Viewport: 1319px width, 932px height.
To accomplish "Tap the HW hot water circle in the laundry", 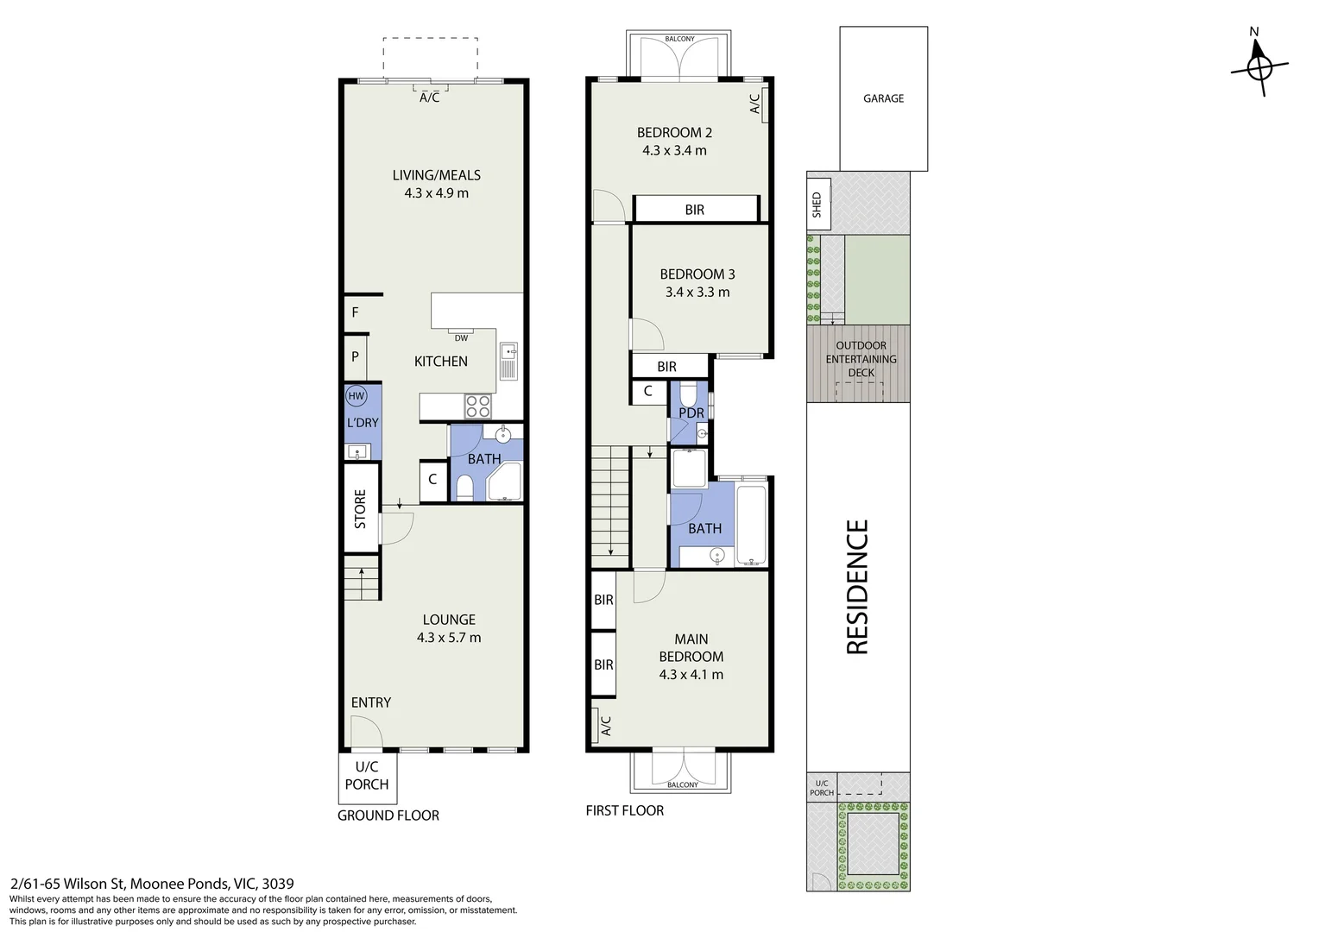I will click(x=355, y=396).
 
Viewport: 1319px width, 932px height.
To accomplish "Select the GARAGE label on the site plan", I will click(x=883, y=98).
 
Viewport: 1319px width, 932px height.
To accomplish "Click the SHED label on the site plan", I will click(x=817, y=204).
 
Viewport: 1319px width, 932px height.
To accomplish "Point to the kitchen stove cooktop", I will click(x=477, y=405).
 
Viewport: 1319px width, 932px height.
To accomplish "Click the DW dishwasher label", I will click(x=461, y=337).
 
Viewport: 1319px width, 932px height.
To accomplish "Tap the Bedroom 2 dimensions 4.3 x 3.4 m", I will click(x=674, y=150).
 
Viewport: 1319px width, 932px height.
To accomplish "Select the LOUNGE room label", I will click(x=448, y=620).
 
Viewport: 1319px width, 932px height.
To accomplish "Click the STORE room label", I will click(x=361, y=509).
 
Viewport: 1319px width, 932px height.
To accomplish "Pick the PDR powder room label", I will click(x=691, y=413).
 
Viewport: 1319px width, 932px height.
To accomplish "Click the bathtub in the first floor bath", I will click(x=752, y=525).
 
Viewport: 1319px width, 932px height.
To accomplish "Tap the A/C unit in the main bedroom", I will click(x=604, y=726).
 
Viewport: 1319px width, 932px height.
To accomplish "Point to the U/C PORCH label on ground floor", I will click(x=367, y=776).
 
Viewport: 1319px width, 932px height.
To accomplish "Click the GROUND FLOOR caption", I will click(x=388, y=815).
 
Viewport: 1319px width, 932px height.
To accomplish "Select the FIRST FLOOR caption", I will click(x=624, y=810).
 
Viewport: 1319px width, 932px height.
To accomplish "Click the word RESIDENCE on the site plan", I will click(x=856, y=587).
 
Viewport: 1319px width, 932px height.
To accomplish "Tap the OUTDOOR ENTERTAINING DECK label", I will click(x=861, y=359).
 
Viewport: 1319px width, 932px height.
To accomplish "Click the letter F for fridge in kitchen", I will click(x=355, y=312).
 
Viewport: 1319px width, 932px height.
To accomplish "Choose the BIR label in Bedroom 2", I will click(x=694, y=210).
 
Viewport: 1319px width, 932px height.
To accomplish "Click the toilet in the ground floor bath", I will click(x=464, y=488).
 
